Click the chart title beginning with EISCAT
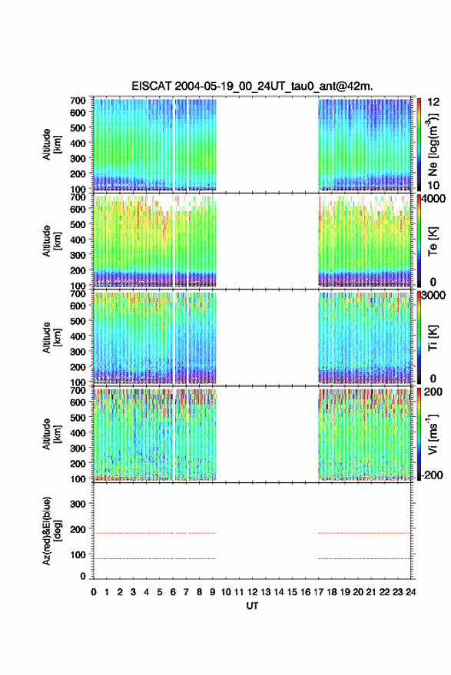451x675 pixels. coord(253,86)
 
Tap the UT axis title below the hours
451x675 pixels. coord(253,606)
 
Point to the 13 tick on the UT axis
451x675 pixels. coord(265,592)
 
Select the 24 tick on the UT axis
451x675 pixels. coord(411,592)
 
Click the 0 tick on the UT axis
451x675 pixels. coord(94,592)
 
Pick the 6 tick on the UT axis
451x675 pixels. coord(173,592)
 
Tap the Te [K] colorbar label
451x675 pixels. coord(433,241)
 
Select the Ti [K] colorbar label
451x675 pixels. coord(433,338)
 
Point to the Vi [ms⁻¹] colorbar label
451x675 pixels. coord(433,434)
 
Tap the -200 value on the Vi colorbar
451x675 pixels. coord(432,475)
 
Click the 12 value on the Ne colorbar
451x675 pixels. coord(433,102)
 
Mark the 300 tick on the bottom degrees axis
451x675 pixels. coord(78,504)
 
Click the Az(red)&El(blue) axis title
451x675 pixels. coord(51,531)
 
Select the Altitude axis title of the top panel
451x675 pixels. coord(51,144)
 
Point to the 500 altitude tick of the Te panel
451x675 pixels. coord(78,224)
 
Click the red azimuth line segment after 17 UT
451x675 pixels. coord(364,533)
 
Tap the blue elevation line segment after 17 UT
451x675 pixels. coord(364,558)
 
